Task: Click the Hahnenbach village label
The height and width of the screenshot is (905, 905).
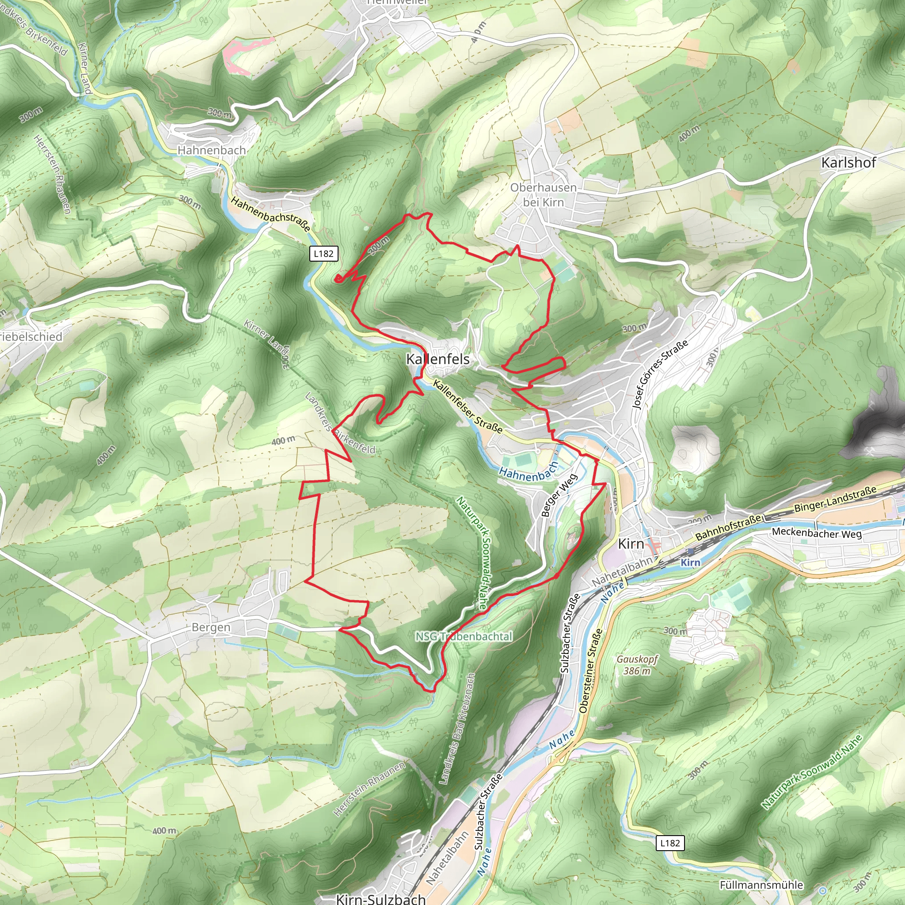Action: [x=211, y=150]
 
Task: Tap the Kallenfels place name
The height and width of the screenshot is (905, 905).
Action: [x=437, y=359]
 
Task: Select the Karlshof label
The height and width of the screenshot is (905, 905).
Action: [x=848, y=163]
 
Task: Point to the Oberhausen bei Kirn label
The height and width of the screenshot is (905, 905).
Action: [x=544, y=194]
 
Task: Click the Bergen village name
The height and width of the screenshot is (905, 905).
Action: [x=211, y=627]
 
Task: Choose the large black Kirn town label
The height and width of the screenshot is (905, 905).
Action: [x=631, y=544]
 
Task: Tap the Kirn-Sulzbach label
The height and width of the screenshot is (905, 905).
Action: [x=381, y=898]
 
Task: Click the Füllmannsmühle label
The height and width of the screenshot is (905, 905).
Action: [x=761, y=885]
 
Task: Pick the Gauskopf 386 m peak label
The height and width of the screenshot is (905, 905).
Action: [x=637, y=665]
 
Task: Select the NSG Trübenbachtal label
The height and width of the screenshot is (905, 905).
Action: [x=464, y=637]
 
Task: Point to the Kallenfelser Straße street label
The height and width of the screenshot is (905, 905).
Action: [x=468, y=406]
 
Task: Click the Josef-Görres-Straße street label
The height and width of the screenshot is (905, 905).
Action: [x=660, y=375]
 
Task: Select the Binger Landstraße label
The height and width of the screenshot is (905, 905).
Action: [x=835, y=499]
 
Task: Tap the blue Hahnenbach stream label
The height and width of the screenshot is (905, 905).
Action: [x=529, y=472]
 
